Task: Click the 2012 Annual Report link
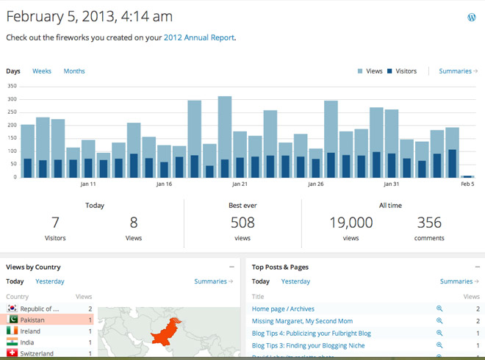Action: point(198,37)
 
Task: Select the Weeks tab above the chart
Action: point(42,71)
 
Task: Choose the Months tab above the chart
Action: point(74,71)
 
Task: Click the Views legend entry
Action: point(370,71)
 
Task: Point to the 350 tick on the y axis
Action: point(11,87)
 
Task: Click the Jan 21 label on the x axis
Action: point(240,184)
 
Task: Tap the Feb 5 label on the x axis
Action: point(467,184)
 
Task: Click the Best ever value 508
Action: point(242,223)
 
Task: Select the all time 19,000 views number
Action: point(351,223)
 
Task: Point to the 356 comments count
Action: point(429,223)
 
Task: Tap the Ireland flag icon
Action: point(12,331)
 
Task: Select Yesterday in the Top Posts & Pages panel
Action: point(295,281)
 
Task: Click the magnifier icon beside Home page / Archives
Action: point(439,309)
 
